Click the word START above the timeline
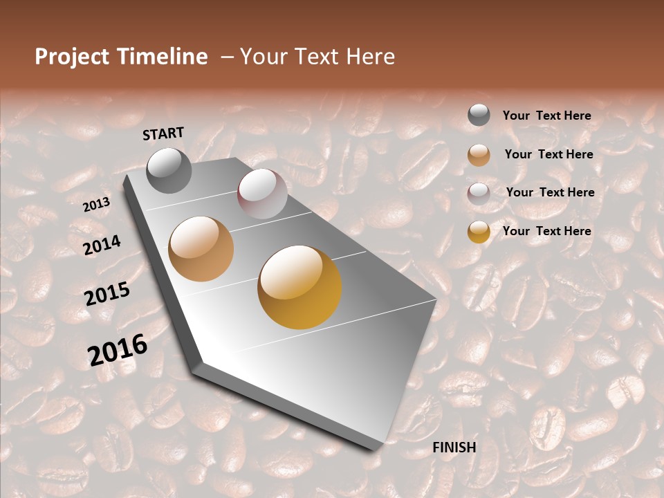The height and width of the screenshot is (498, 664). (163, 133)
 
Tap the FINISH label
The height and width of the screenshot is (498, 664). (454, 448)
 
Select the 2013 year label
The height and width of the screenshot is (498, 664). (96, 205)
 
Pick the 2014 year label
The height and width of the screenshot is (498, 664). (102, 245)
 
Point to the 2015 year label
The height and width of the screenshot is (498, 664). (107, 294)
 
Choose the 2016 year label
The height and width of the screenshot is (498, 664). (118, 349)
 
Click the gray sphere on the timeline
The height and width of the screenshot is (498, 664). (169, 170)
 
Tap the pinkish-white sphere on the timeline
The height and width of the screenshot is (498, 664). (262, 194)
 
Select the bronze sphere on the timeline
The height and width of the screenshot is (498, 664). (201, 249)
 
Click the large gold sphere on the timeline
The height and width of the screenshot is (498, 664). (299, 287)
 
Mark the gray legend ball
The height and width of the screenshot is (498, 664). (479, 116)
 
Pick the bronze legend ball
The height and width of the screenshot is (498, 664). (479, 155)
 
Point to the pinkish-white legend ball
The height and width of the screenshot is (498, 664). (479, 194)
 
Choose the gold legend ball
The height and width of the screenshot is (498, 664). (479, 232)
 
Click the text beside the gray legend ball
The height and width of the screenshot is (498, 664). (546, 116)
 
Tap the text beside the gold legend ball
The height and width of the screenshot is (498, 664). (546, 231)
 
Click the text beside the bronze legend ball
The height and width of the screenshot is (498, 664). (548, 154)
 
